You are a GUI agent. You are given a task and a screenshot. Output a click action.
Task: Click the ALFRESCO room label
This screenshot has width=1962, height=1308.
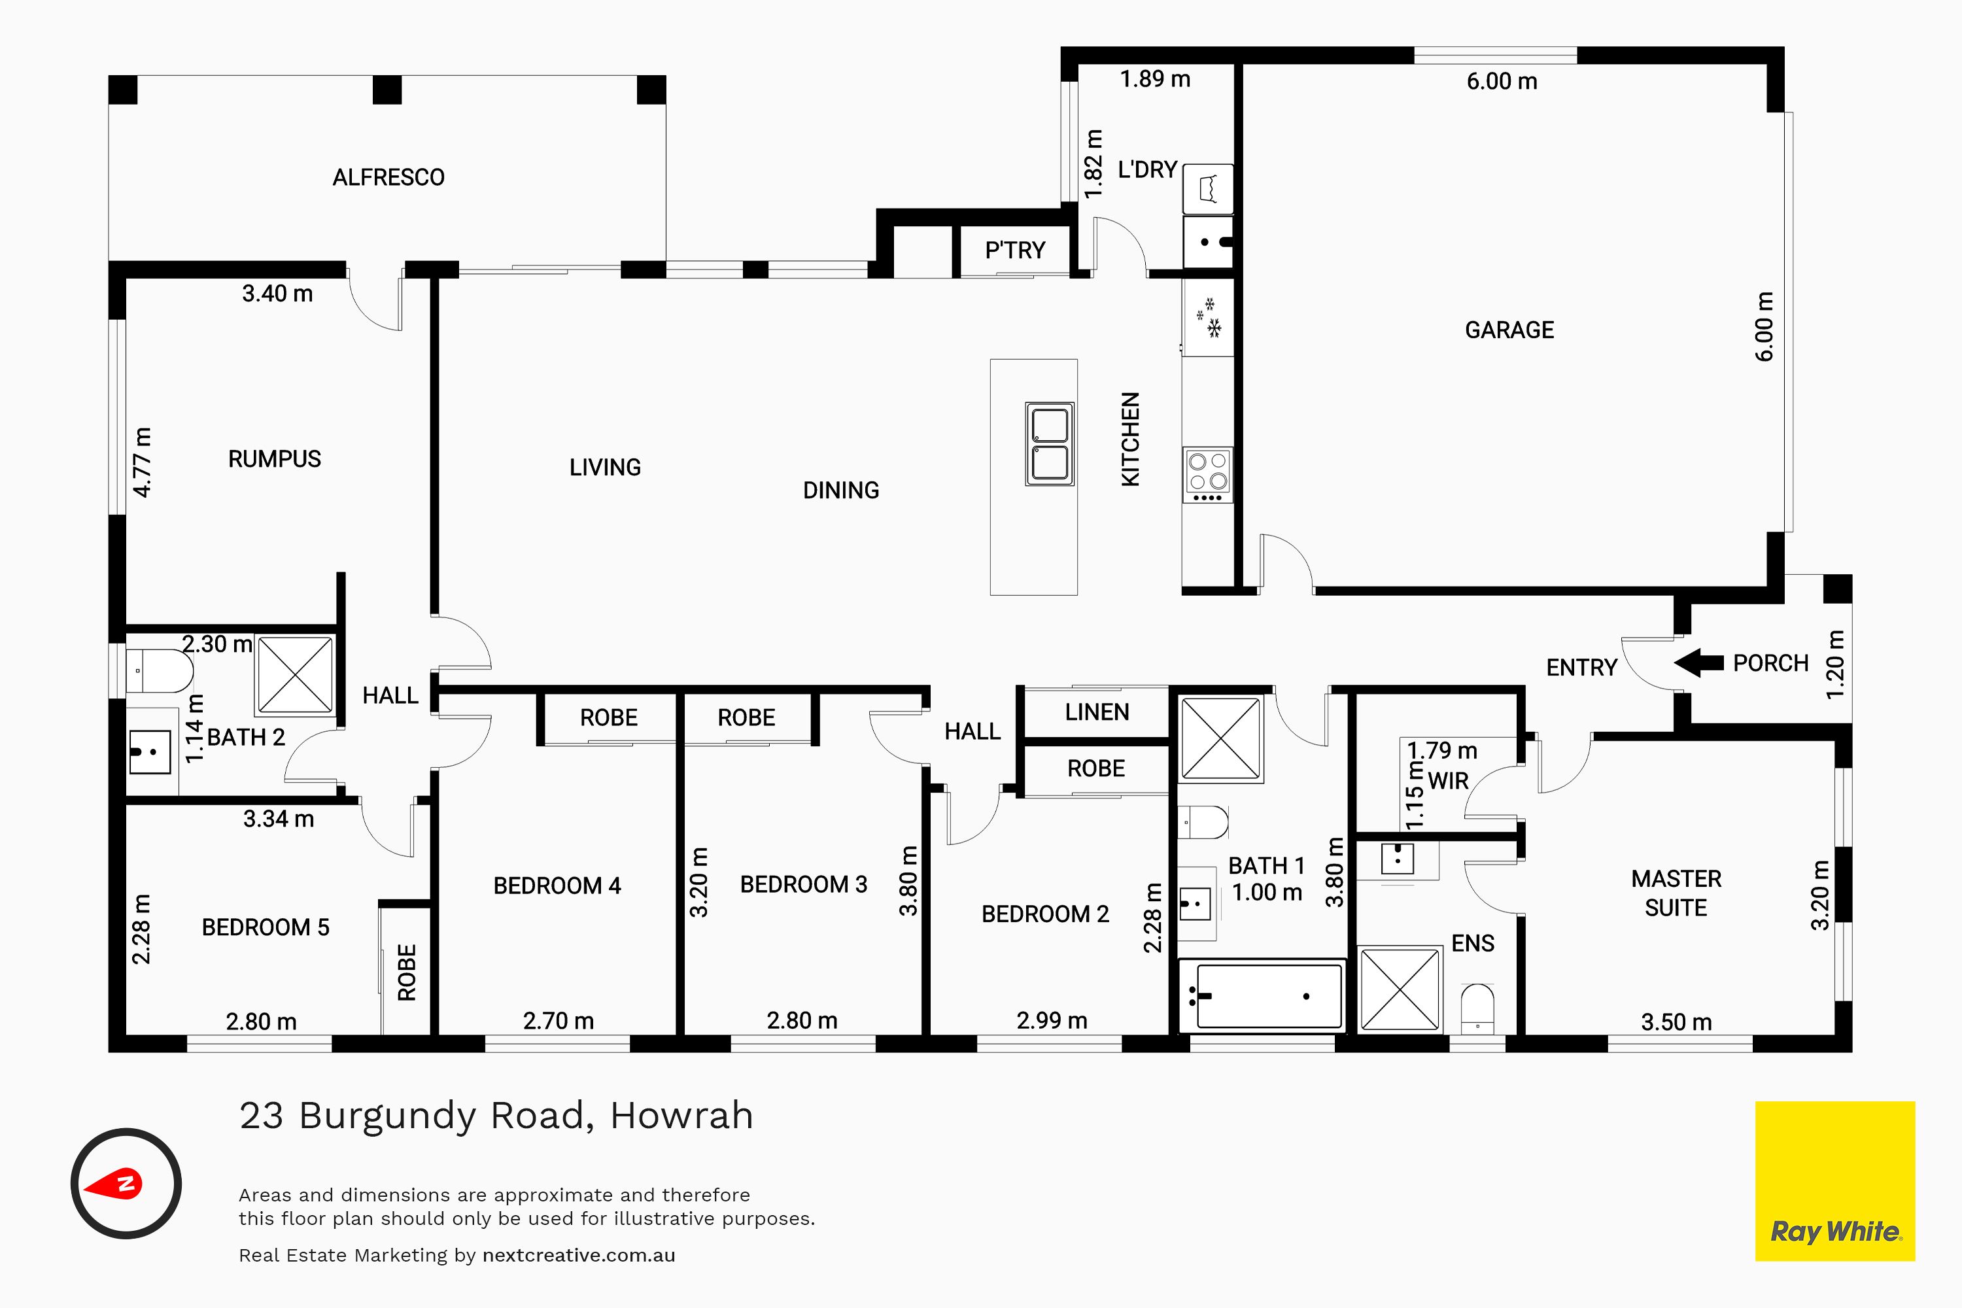(388, 177)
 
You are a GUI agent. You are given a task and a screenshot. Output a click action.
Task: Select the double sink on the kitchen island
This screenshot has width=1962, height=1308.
(1050, 444)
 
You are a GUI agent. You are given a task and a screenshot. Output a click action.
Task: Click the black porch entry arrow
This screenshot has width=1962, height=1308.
(1698, 663)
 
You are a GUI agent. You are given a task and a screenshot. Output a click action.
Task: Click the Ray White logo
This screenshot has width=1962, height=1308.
(1835, 1181)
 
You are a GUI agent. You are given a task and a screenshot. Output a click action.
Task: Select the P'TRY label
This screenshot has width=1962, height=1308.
(1014, 250)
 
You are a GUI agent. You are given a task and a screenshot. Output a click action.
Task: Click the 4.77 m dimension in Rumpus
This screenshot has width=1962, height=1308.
(143, 462)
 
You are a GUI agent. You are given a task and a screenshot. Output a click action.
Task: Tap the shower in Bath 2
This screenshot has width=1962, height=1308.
(296, 674)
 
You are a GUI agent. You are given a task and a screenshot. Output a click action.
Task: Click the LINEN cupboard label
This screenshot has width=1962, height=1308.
(1097, 712)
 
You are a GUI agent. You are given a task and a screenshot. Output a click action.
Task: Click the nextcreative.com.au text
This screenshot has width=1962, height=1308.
(579, 1254)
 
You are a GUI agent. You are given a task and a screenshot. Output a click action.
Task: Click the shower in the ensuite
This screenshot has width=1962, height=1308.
(1401, 988)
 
